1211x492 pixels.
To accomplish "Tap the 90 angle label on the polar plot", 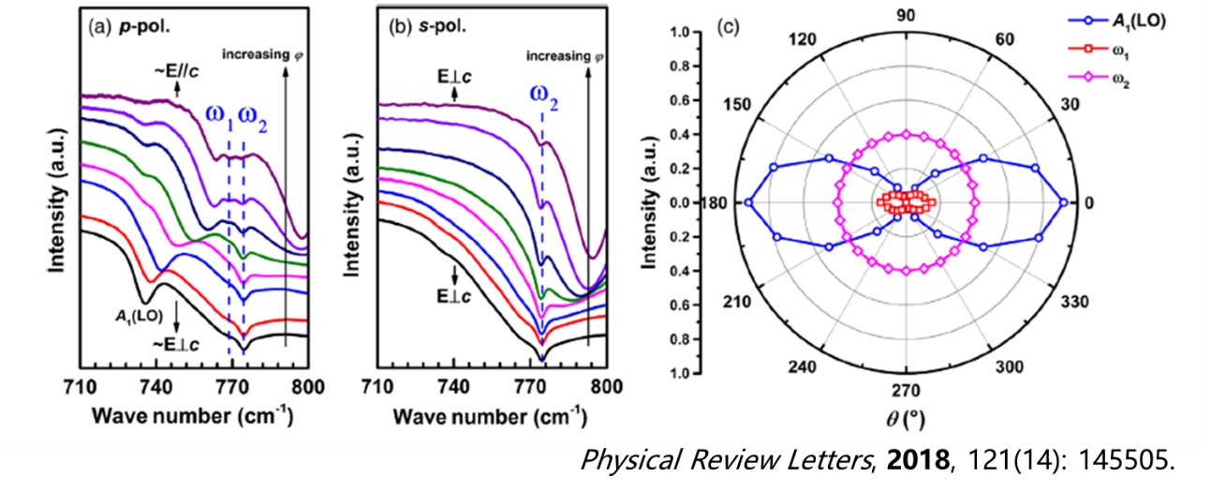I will (x=907, y=16).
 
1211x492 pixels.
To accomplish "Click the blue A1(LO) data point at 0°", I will (x=1063, y=202).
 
